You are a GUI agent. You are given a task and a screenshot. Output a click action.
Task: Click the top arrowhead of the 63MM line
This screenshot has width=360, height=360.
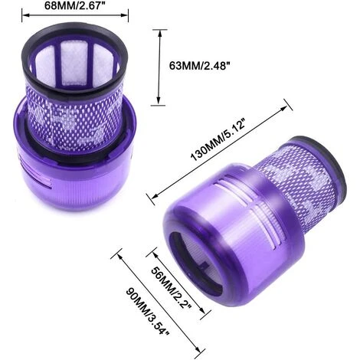click(159, 30)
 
